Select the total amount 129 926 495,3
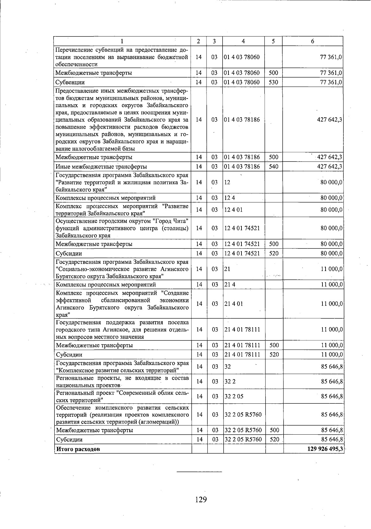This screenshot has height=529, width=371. [325, 449]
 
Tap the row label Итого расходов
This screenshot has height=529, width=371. [78, 449]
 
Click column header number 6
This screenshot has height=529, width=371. [313, 41]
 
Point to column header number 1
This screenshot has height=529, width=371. [122, 41]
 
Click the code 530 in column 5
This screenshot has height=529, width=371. [274, 82]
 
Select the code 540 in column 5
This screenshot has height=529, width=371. [274, 167]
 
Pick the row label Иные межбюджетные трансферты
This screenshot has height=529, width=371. [101, 167]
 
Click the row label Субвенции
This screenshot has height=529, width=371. [70, 82]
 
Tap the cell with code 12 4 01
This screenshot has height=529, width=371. [233, 210]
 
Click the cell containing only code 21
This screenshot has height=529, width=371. [227, 269]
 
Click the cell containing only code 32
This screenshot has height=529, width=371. [228, 367]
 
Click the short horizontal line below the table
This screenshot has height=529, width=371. [199, 472]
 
